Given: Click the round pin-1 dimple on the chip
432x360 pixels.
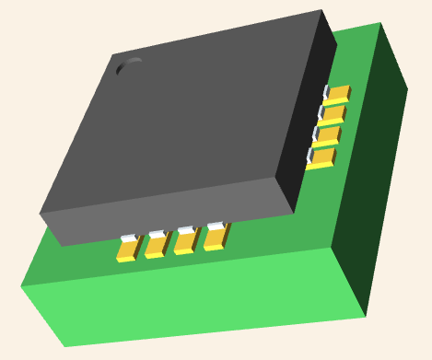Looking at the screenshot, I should (129, 67).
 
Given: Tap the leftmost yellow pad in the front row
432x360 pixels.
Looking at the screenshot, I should (127, 250).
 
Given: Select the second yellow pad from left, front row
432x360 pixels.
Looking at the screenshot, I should (156, 246).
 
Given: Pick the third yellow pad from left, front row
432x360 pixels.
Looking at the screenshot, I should (185, 242).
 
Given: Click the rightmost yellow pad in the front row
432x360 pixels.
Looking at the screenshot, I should (215, 238).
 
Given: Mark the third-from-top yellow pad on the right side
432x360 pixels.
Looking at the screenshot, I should (328, 136).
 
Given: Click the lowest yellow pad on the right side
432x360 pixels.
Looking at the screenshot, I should (322, 158).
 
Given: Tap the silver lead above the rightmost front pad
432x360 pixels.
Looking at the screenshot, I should (216, 226).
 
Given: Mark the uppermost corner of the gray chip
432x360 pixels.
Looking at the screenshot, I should (321, 10).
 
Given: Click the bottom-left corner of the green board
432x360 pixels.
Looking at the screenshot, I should (64, 346).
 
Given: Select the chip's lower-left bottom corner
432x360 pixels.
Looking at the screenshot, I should (61, 246).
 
